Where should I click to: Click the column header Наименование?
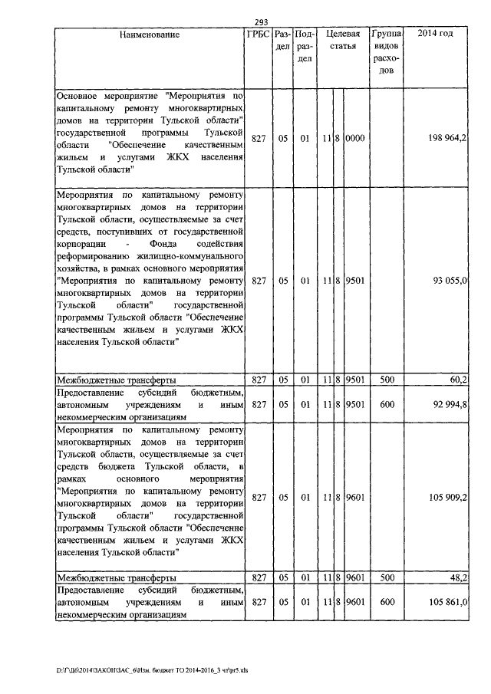(149, 35)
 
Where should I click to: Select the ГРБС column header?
(258, 35)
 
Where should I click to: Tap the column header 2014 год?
(435, 35)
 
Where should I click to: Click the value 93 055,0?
(450, 281)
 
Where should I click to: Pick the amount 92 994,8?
(449, 404)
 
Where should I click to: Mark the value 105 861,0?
(447, 602)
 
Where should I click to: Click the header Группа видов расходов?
(387, 52)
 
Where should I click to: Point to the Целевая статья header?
(342, 40)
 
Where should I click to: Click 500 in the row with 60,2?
(387, 380)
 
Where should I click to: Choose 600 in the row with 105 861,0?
(387, 602)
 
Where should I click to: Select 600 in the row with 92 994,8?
(387, 404)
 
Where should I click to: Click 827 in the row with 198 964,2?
(258, 137)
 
